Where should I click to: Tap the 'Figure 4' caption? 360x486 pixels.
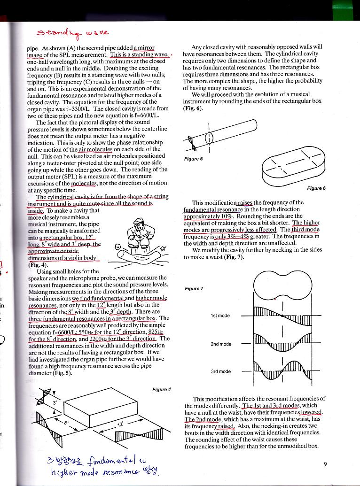162,389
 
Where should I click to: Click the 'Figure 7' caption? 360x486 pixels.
193,288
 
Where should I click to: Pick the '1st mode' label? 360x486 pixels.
220,316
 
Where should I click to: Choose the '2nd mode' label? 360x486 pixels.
220,344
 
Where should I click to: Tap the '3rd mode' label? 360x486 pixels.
220,371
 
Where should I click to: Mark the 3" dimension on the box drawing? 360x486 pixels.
55,402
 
